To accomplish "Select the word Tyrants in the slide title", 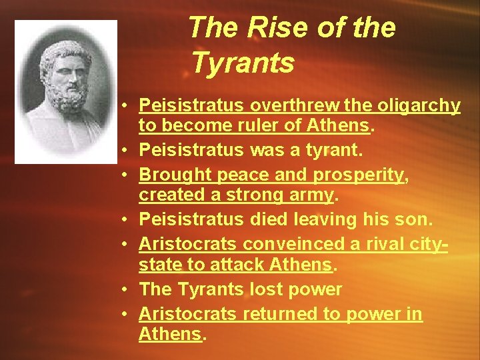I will tap(242, 63).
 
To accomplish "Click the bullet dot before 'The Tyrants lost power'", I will tap(125, 290).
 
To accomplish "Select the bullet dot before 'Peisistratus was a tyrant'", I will tap(125, 151).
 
